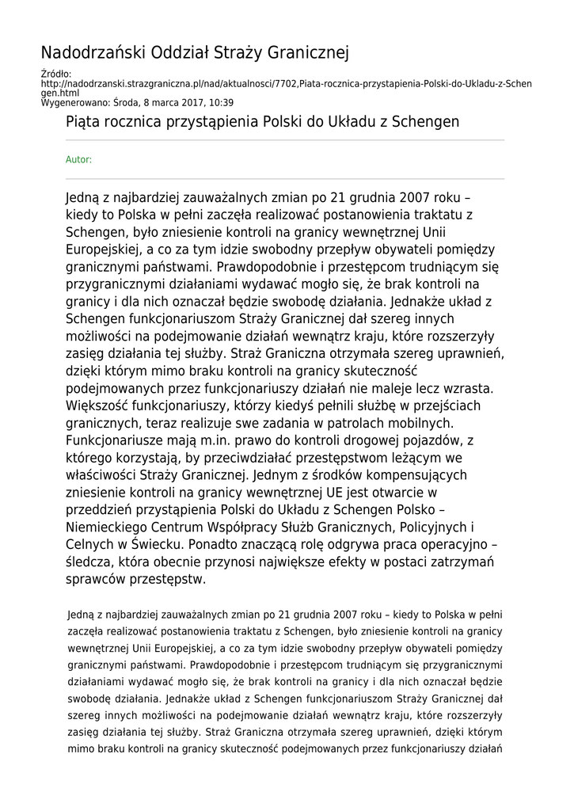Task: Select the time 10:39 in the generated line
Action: point(222,102)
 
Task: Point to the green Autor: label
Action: point(78,159)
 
